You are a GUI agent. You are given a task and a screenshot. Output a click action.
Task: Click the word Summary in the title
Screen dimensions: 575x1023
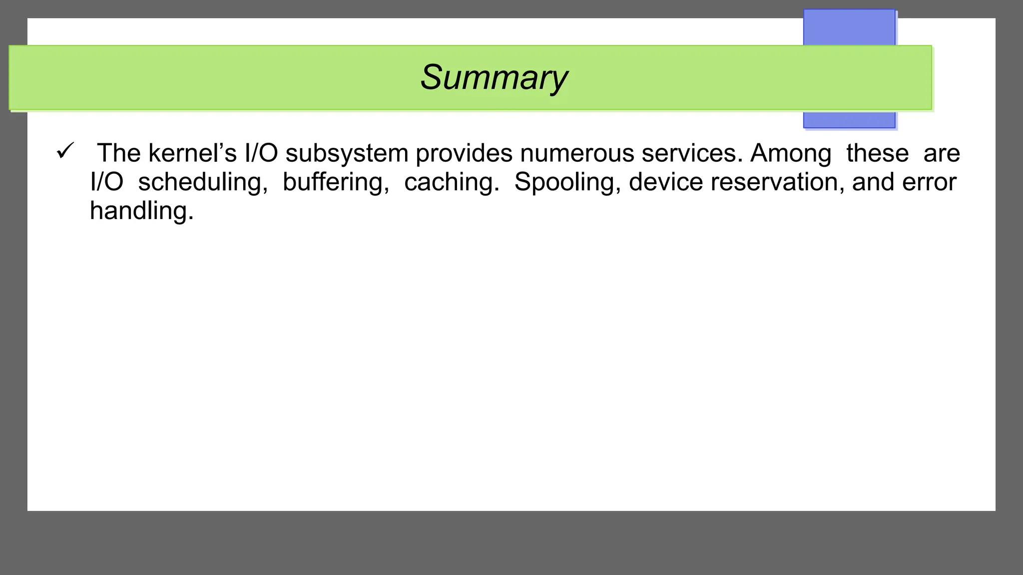coord(494,77)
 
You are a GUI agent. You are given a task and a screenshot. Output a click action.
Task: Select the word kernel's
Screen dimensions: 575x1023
coord(192,153)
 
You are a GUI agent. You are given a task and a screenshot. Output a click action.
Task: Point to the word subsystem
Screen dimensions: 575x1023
coord(347,153)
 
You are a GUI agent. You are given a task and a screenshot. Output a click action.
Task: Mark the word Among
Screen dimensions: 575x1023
coord(791,153)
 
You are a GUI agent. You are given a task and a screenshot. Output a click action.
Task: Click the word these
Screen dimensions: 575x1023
coord(878,153)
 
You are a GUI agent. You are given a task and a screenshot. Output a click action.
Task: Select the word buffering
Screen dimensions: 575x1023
coord(336,182)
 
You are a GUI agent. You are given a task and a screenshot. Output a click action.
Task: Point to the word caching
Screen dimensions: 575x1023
coord(452,182)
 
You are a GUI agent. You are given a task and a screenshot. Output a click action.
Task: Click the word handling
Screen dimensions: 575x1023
coord(141,211)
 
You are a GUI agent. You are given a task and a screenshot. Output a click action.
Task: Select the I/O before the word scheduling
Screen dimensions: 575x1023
coord(106,182)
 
